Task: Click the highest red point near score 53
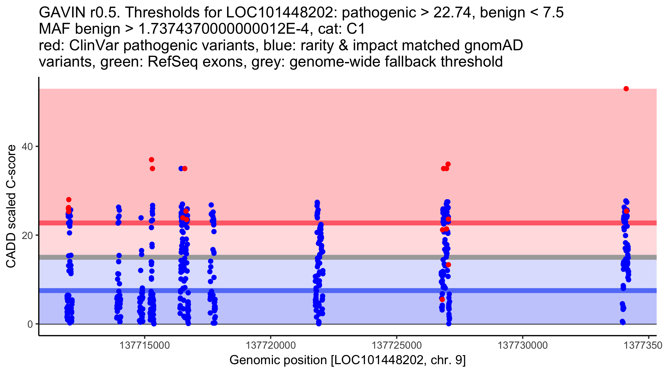click(x=626, y=89)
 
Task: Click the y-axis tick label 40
click(x=27, y=146)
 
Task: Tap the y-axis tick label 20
click(x=27, y=235)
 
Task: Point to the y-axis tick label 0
click(x=30, y=324)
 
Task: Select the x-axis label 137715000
click(x=144, y=345)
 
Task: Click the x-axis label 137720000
click(x=270, y=345)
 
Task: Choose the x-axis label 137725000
click(x=397, y=345)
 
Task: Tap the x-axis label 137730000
click(x=523, y=345)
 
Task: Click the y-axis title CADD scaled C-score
click(x=11, y=206)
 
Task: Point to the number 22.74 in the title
click(x=452, y=13)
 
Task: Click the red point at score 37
click(x=151, y=160)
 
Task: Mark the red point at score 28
click(x=69, y=199)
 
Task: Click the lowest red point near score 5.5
click(x=442, y=300)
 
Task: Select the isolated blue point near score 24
click(x=141, y=218)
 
